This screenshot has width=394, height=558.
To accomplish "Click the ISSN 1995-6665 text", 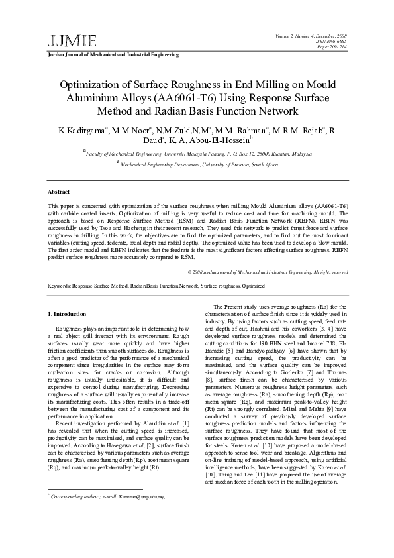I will click(x=332, y=40).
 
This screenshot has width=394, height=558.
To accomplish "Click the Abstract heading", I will click(x=60, y=190).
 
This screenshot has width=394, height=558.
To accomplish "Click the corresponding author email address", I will click(x=142, y=515).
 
